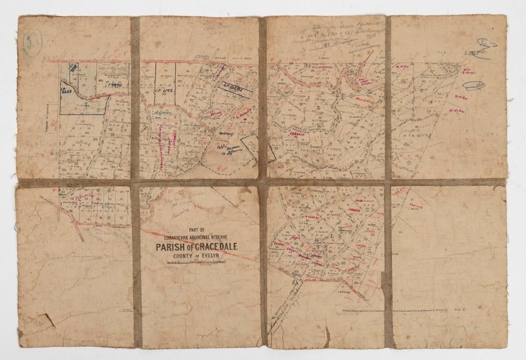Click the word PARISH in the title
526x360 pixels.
click(x=169, y=247)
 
